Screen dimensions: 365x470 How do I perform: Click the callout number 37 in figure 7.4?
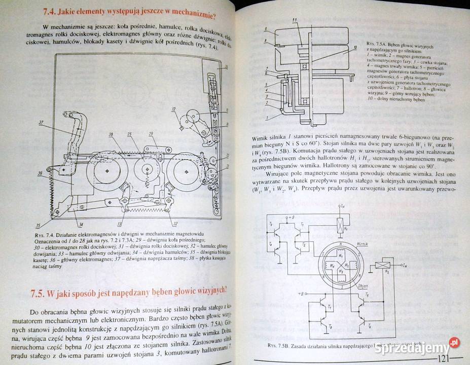coord(41,122)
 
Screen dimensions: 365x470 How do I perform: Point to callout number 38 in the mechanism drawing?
coord(110,135)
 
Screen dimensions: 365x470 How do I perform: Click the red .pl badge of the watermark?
coord(455,343)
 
